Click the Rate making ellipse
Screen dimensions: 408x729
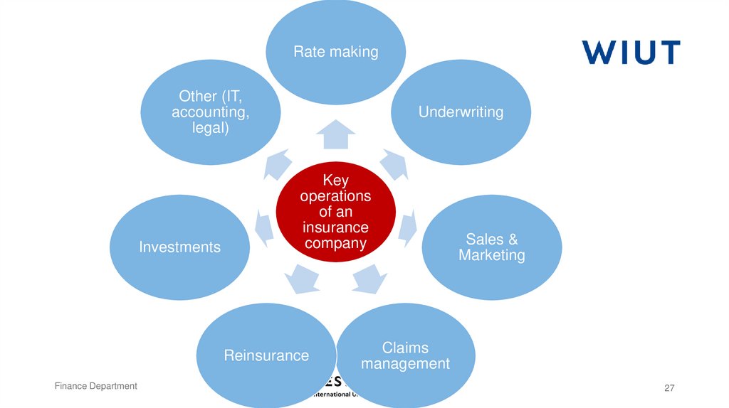pyautogui.click(x=336, y=51)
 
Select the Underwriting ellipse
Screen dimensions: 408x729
pyautogui.click(x=461, y=112)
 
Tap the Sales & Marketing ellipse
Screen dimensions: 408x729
pyautogui.click(x=492, y=247)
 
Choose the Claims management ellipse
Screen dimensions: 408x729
pyautogui.click(x=405, y=355)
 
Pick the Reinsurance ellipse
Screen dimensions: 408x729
pyautogui.click(x=266, y=355)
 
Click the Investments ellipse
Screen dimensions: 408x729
pyautogui.click(x=179, y=247)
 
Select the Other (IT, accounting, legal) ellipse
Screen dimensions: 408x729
pyautogui.click(x=210, y=112)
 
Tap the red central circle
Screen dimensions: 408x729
pyautogui.click(x=335, y=212)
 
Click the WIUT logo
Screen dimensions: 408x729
pyautogui.click(x=631, y=53)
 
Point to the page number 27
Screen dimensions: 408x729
pyautogui.click(x=668, y=387)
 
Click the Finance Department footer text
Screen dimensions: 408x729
pyautogui.click(x=96, y=386)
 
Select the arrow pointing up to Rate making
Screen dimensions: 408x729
pyautogui.click(x=335, y=134)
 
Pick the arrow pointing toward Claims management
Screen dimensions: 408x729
pyautogui.click(x=369, y=278)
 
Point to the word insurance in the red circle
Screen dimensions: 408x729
pyautogui.click(x=335, y=227)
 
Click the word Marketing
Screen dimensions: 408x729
pyautogui.click(x=492, y=255)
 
